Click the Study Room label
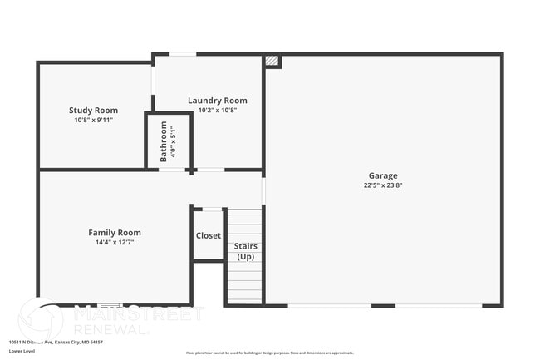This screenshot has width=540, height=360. pos(93,110)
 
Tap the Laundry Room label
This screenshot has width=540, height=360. pos(217,101)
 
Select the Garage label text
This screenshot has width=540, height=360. pos(383,175)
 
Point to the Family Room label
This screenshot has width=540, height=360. pos(115,233)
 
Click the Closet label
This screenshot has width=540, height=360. pos(209,235)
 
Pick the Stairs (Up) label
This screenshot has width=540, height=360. pos(246,250)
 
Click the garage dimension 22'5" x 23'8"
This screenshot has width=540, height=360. pos(383,185)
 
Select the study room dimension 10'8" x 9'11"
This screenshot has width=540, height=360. pos(93,120)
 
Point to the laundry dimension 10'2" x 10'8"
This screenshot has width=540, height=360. pos(217,110)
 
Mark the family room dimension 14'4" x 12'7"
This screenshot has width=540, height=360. pos(115,243)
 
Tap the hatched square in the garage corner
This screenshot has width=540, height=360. pos(272,62)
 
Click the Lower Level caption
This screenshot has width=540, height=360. pos(22,352)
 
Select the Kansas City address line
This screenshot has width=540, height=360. pos(57,342)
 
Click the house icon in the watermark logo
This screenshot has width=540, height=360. pos(42,320)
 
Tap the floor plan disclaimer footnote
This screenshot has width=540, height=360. pos(269,353)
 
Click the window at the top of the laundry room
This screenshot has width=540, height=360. pos(183,55)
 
